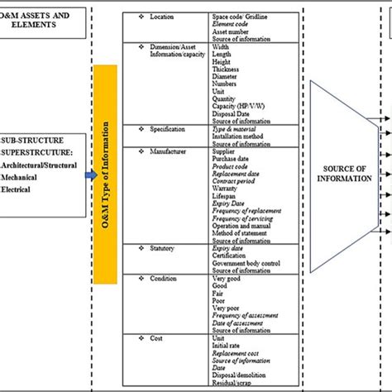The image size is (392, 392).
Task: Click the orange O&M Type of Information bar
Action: click(105, 174)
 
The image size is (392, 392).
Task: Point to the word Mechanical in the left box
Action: click(22, 177)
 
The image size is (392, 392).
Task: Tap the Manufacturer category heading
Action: click(167, 153)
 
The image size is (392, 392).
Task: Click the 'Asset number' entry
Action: click(232, 31)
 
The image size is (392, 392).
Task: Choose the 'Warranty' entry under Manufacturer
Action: click(227, 189)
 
